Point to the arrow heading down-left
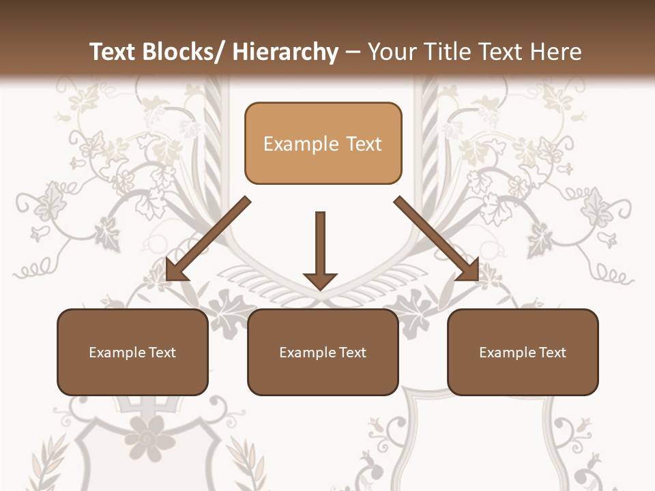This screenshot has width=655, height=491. tap(208, 239)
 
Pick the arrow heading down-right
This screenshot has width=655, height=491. tap(437, 239)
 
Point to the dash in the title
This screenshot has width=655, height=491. tap(353, 53)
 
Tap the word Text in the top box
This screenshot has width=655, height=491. tap(363, 144)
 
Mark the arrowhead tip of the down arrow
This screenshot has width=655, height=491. tap(320, 289)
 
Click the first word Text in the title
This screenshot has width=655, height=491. tap(113, 52)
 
